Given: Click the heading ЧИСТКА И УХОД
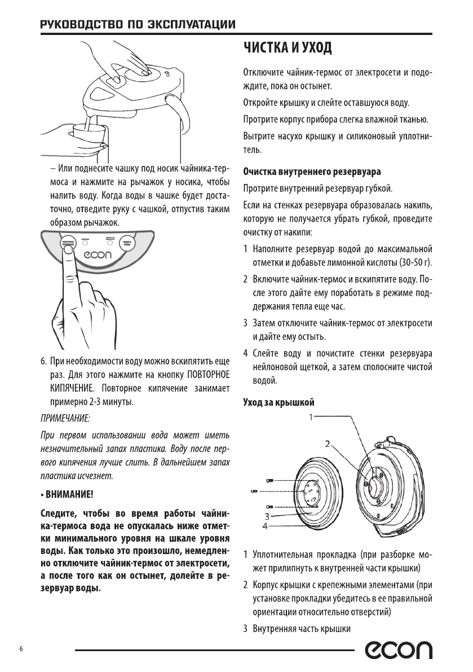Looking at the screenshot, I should tap(287, 49).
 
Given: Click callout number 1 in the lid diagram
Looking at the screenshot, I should tap(310, 418).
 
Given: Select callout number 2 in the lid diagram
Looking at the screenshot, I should tap(327, 443).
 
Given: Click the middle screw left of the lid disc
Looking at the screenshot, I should tap(254, 492).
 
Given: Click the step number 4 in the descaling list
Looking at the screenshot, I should tap(246, 354).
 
